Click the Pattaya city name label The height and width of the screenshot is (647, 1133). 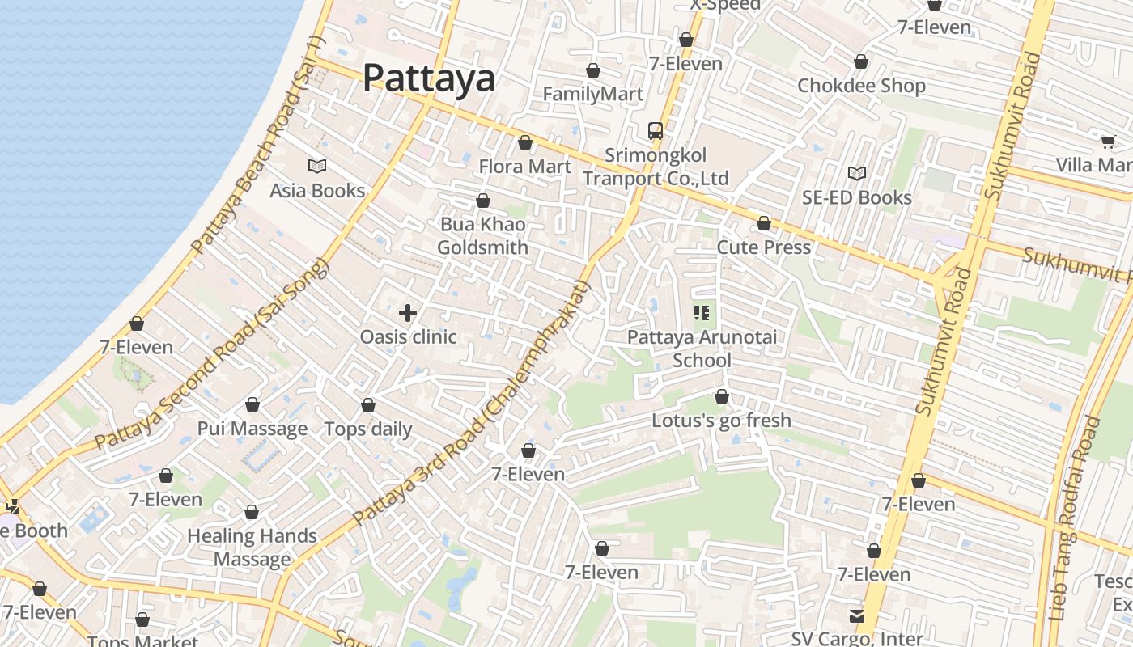[428, 78]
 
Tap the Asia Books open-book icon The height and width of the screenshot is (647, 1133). [317, 167]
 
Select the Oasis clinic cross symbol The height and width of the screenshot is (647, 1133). [408, 313]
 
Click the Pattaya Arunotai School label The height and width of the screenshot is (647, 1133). [702, 348]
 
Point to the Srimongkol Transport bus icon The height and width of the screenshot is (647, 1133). [656, 130]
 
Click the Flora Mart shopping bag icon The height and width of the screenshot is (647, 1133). [525, 143]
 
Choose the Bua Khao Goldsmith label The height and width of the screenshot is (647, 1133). [483, 235]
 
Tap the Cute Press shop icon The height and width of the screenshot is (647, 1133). [764, 223]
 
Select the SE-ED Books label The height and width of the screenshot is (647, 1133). [857, 197]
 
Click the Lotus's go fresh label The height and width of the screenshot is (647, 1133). [722, 421]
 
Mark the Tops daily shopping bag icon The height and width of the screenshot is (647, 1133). [368, 405]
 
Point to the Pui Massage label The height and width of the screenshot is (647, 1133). [252, 429]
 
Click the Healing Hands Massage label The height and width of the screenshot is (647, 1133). [252, 548]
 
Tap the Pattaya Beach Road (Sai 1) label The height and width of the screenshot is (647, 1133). [257, 146]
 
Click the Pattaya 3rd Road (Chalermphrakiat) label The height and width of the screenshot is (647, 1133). [473, 402]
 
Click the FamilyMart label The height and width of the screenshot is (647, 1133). [593, 94]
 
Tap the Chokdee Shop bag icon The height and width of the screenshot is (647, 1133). [861, 62]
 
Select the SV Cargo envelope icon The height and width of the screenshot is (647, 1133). [857, 616]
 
